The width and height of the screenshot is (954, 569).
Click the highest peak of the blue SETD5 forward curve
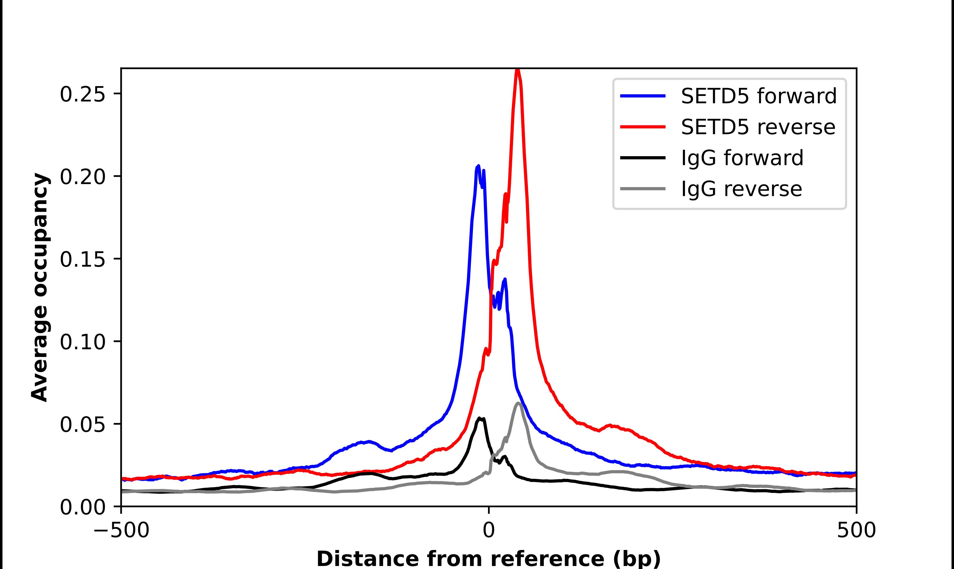click(x=478, y=166)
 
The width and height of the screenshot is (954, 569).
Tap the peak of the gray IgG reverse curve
click(x=518, y=403)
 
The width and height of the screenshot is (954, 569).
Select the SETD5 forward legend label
click(x=758, y=96)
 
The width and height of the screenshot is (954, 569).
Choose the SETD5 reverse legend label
click(x=758, y=127)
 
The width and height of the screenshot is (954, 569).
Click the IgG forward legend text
click(x=742, y=158)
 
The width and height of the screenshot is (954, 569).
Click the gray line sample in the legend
click(x=643, y=189)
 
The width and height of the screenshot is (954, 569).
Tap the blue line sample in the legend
click(x=643, y=96)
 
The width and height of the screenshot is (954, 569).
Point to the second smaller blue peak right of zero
click(x=505, y=280)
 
